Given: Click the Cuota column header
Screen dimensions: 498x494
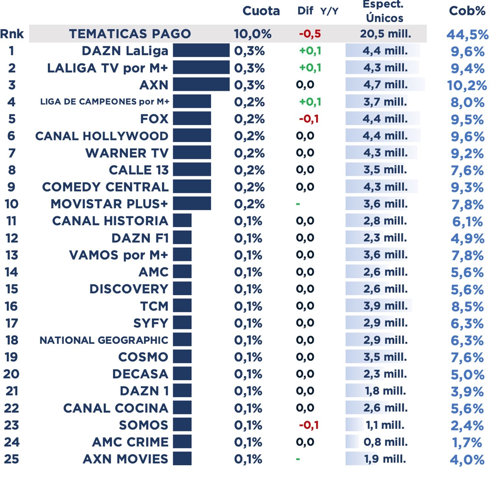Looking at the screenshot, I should pyautogui.click(x=261, y=11).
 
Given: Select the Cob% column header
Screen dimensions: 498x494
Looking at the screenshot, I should pyautogui.click(x=467, y=11).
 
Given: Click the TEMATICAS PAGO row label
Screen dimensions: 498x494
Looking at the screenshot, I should pyautogui.click(x=130, y=34).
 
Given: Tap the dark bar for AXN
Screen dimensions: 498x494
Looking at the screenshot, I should pyautogui.click(x=201, y=84).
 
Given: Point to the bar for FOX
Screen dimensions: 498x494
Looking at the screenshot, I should pyautogui.click(x=192, y=119).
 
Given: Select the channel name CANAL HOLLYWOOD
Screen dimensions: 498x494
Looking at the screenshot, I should pyautogui.click(x=101, y=136).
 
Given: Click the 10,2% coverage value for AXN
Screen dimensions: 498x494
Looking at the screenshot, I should pyautogui.click(x=467, y=86).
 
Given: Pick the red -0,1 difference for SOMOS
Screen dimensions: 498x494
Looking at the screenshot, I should pyautogui.click(x=309, y=425).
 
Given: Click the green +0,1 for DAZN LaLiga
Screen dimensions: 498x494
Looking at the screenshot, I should pyautogui.click(x=310, y=51).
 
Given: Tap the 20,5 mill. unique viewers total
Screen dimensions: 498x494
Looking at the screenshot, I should pyautogui.click(x=385, y=34).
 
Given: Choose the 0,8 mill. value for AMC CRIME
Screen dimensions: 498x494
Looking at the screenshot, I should pyautogui.click(x=385, y=442).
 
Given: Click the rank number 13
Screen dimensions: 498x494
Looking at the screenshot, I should pyautogui.click(x=12, y=255).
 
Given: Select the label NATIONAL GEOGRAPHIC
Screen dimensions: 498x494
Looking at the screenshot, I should pyautogui.click(x=104, y=340).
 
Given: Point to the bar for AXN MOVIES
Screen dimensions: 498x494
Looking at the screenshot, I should pyautogui.click(x=182, y=459).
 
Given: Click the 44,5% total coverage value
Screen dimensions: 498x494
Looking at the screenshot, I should pyautogui.click(x=467, y=35).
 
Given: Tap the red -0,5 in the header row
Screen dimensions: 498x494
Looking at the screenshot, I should pyautogui.click(x=310, y=34).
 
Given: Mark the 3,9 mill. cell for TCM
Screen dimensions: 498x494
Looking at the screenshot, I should pyautogui.click(x=385, y=306).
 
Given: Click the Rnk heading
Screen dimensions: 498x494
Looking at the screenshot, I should pyautogui.click(x=12, y=34).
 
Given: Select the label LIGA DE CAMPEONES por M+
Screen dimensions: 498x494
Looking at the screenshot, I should pyautogui.click(x=104, y=102).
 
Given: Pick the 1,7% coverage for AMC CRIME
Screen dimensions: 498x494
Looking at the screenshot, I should pyautogui.click(x=467, y=443).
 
